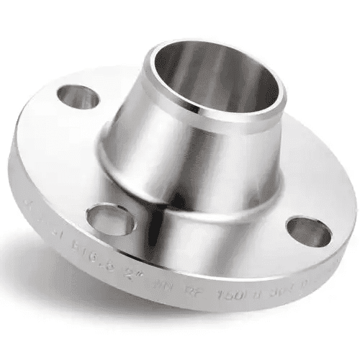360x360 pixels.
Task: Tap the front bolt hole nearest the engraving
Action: (x=108, y=217)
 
